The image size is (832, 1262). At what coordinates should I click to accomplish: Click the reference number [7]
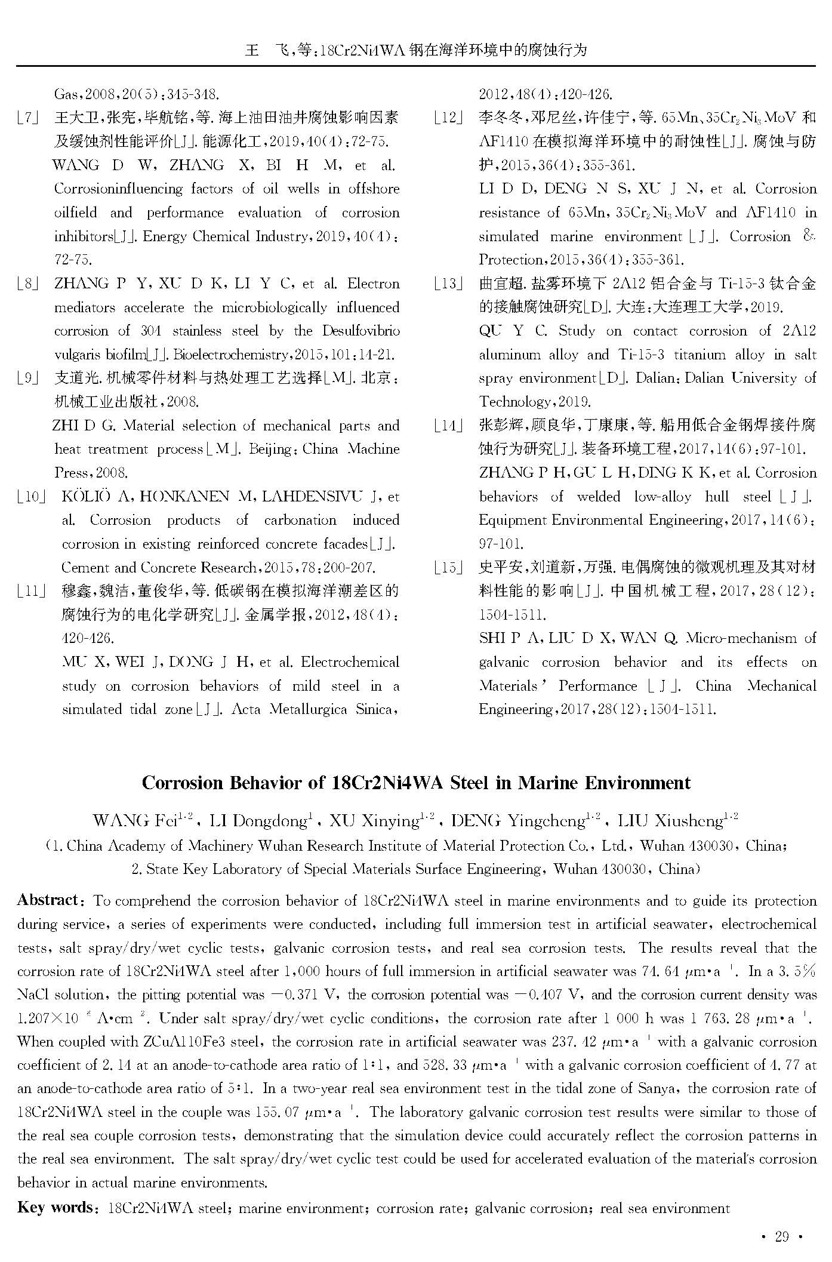pyautogui.click(x=27, y=118)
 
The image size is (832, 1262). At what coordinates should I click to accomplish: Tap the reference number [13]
pyautogui.click(x=448, y=284)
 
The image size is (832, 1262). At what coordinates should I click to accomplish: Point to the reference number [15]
pyautogui.click(x=448, y=567)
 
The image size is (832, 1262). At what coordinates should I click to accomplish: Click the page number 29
pyautogui.click(x=782, y=1236)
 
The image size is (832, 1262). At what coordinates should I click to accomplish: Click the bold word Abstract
pyautogui.click(x=48, y=900)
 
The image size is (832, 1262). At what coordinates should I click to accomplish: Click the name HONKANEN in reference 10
pyautogui.click(x=192, y=497)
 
